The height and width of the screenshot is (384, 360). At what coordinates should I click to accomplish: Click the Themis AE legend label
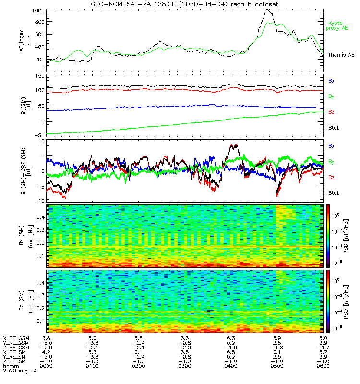tap(340, 55)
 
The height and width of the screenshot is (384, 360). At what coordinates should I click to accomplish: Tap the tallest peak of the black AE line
tap(267, 10)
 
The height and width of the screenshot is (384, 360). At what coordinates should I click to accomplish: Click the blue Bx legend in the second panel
tap(332, 81)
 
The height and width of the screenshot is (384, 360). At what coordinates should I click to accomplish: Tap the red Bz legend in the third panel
tap(332, 178)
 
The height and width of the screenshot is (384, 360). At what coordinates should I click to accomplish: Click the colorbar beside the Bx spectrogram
tap(329, 235)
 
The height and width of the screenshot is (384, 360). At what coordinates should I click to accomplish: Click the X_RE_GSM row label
tap(16, 339)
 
